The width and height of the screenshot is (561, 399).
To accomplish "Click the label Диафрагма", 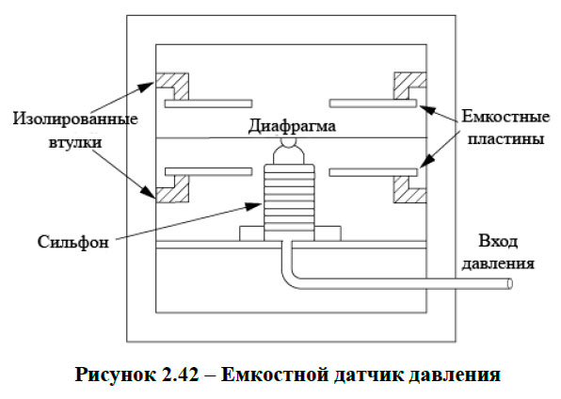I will (292, 124).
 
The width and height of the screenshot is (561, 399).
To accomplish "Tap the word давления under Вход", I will (499, 263).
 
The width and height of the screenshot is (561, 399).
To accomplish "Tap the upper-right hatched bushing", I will (407, 88).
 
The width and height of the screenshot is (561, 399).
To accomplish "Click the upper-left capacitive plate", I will (208, 102).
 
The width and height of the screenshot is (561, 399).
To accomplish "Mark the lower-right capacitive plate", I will (373, 171).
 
